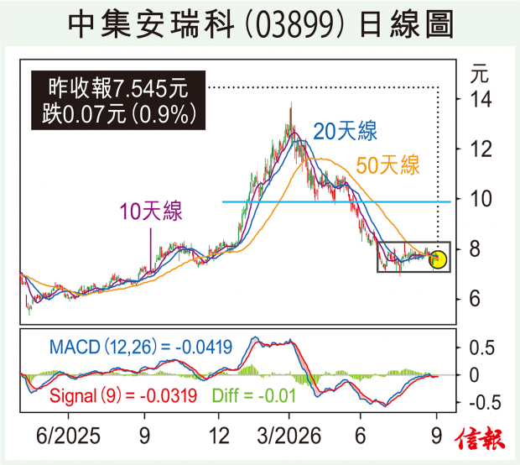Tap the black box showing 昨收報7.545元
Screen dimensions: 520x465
tap(118, 100)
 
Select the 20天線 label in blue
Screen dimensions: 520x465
tap(346, 131)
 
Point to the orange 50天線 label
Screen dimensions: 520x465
tap(387, 165)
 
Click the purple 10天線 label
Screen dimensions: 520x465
tap(151, 211)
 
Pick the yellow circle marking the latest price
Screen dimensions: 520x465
tap(438, 259)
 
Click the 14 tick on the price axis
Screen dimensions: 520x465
tap(481, 99)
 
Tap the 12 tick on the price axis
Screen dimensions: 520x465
tap(481, 149)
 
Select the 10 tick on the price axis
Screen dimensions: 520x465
tap(481, 199)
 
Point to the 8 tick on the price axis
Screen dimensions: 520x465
tap(475, 249)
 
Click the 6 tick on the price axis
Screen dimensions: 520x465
tap(475, 299)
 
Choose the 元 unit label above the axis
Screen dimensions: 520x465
tap(480, 74)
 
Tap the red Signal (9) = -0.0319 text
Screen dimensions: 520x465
tap(123, 395)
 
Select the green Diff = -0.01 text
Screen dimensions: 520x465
tap(253, 395)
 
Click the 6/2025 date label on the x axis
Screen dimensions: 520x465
tap(68, 436)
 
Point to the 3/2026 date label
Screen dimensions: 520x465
tap(289, 436)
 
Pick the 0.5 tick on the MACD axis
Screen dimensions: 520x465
tap(481, 347)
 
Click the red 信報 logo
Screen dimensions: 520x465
tap(480, 438)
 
